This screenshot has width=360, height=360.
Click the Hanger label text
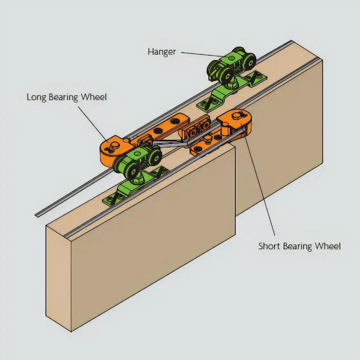coord(162,52)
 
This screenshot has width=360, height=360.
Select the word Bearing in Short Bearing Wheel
coord(298,247)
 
